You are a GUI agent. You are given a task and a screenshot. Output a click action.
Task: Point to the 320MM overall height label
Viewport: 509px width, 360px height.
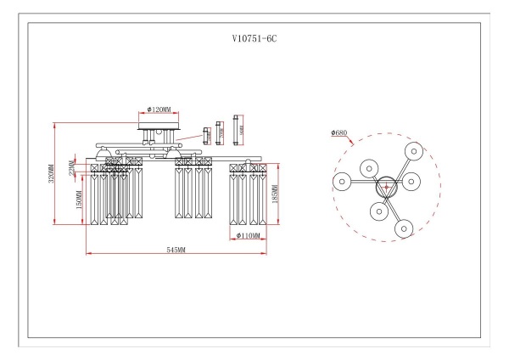51,174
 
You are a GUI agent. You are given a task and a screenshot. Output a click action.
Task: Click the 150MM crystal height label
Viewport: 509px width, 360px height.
79,200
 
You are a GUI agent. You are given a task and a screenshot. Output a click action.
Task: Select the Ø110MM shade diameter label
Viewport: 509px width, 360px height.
248,235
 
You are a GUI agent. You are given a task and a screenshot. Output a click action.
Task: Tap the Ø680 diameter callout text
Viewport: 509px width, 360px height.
339,132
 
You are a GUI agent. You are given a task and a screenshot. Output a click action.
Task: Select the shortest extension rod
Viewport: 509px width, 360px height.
206,133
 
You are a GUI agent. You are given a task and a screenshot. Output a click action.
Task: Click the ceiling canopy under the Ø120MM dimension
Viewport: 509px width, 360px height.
158,127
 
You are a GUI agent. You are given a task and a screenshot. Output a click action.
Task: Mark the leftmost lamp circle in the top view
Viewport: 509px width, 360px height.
341,182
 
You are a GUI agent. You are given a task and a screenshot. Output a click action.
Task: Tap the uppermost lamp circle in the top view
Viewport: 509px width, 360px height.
413,150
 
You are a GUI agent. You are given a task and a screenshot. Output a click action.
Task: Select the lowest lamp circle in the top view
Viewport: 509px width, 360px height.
403,227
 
